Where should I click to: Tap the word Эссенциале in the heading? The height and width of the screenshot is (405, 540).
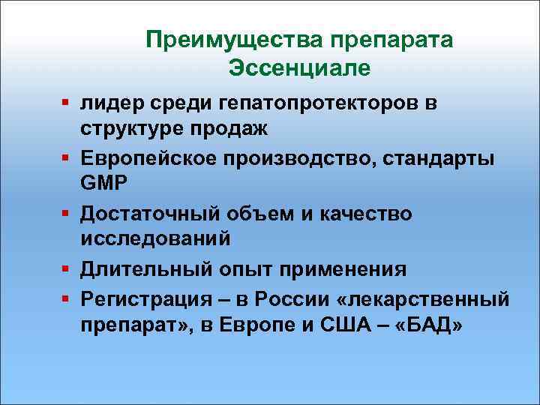pyautogui.click(x=300, y=68)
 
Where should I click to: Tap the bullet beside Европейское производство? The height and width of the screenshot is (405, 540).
pyautogui.click(x=67, y=157)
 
